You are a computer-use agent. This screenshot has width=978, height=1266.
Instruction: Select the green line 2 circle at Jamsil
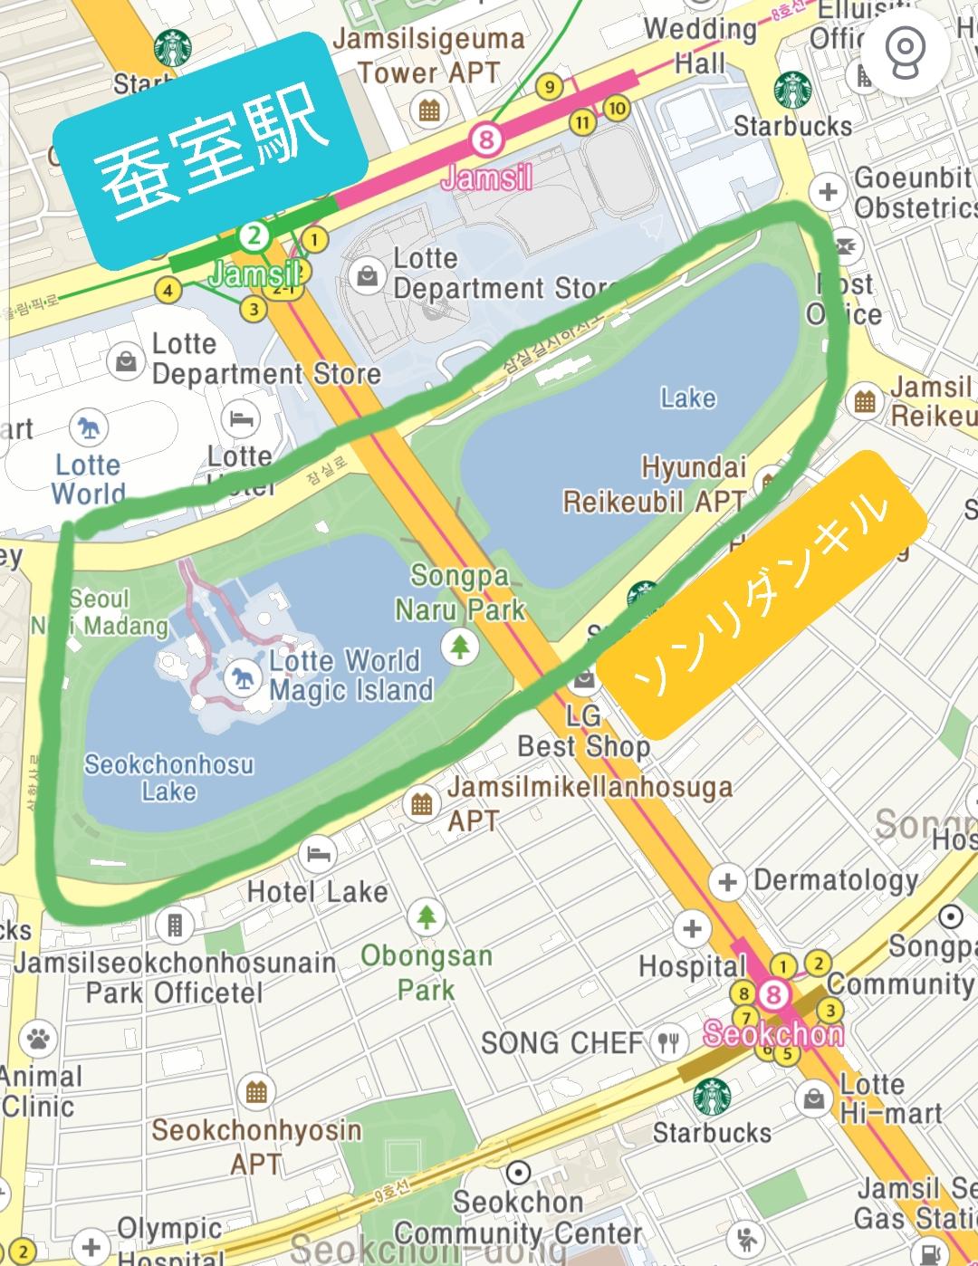[x=254, y=237]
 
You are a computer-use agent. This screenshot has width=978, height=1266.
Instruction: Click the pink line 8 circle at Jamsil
[x=486, y=139]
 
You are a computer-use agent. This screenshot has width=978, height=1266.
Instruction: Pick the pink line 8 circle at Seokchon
[x=772, y=994]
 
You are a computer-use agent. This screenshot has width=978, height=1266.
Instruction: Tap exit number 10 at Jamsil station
[x=616, y=109]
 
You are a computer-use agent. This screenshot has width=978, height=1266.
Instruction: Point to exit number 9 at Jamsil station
[x=548, y=87]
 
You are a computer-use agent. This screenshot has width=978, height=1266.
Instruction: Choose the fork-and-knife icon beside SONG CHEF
[x=668, y=1043]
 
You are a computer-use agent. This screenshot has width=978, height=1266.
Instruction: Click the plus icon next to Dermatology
[x=726, y=880]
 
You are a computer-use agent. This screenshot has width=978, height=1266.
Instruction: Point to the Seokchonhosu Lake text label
[x=168, y=777]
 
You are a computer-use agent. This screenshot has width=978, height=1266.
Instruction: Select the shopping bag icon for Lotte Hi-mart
[x=813, y=1099]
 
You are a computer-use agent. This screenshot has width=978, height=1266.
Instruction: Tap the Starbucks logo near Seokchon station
[x=712, y=1096]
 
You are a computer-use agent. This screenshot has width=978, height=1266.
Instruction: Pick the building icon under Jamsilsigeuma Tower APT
[x=428, y=111]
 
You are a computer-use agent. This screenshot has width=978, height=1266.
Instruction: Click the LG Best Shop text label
[x=584, y=732]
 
